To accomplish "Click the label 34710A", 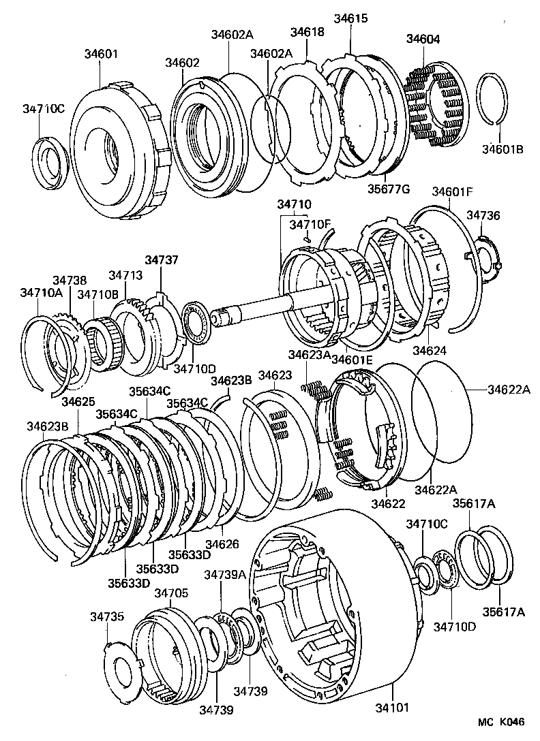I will pyautogui.click(x=41, y=292).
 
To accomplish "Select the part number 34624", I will pyautogui.click(x=430, y=351).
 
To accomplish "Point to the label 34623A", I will pyautogui.click(x=309, y=354).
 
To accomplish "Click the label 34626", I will pyautogui.click(x=222, y=543).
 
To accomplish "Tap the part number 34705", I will pyautogui.click(x=170, y=593).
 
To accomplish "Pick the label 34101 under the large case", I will pyautogui.click(x=391, y=708).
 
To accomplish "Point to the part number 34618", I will pyautogui.click(x=307, y=31).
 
